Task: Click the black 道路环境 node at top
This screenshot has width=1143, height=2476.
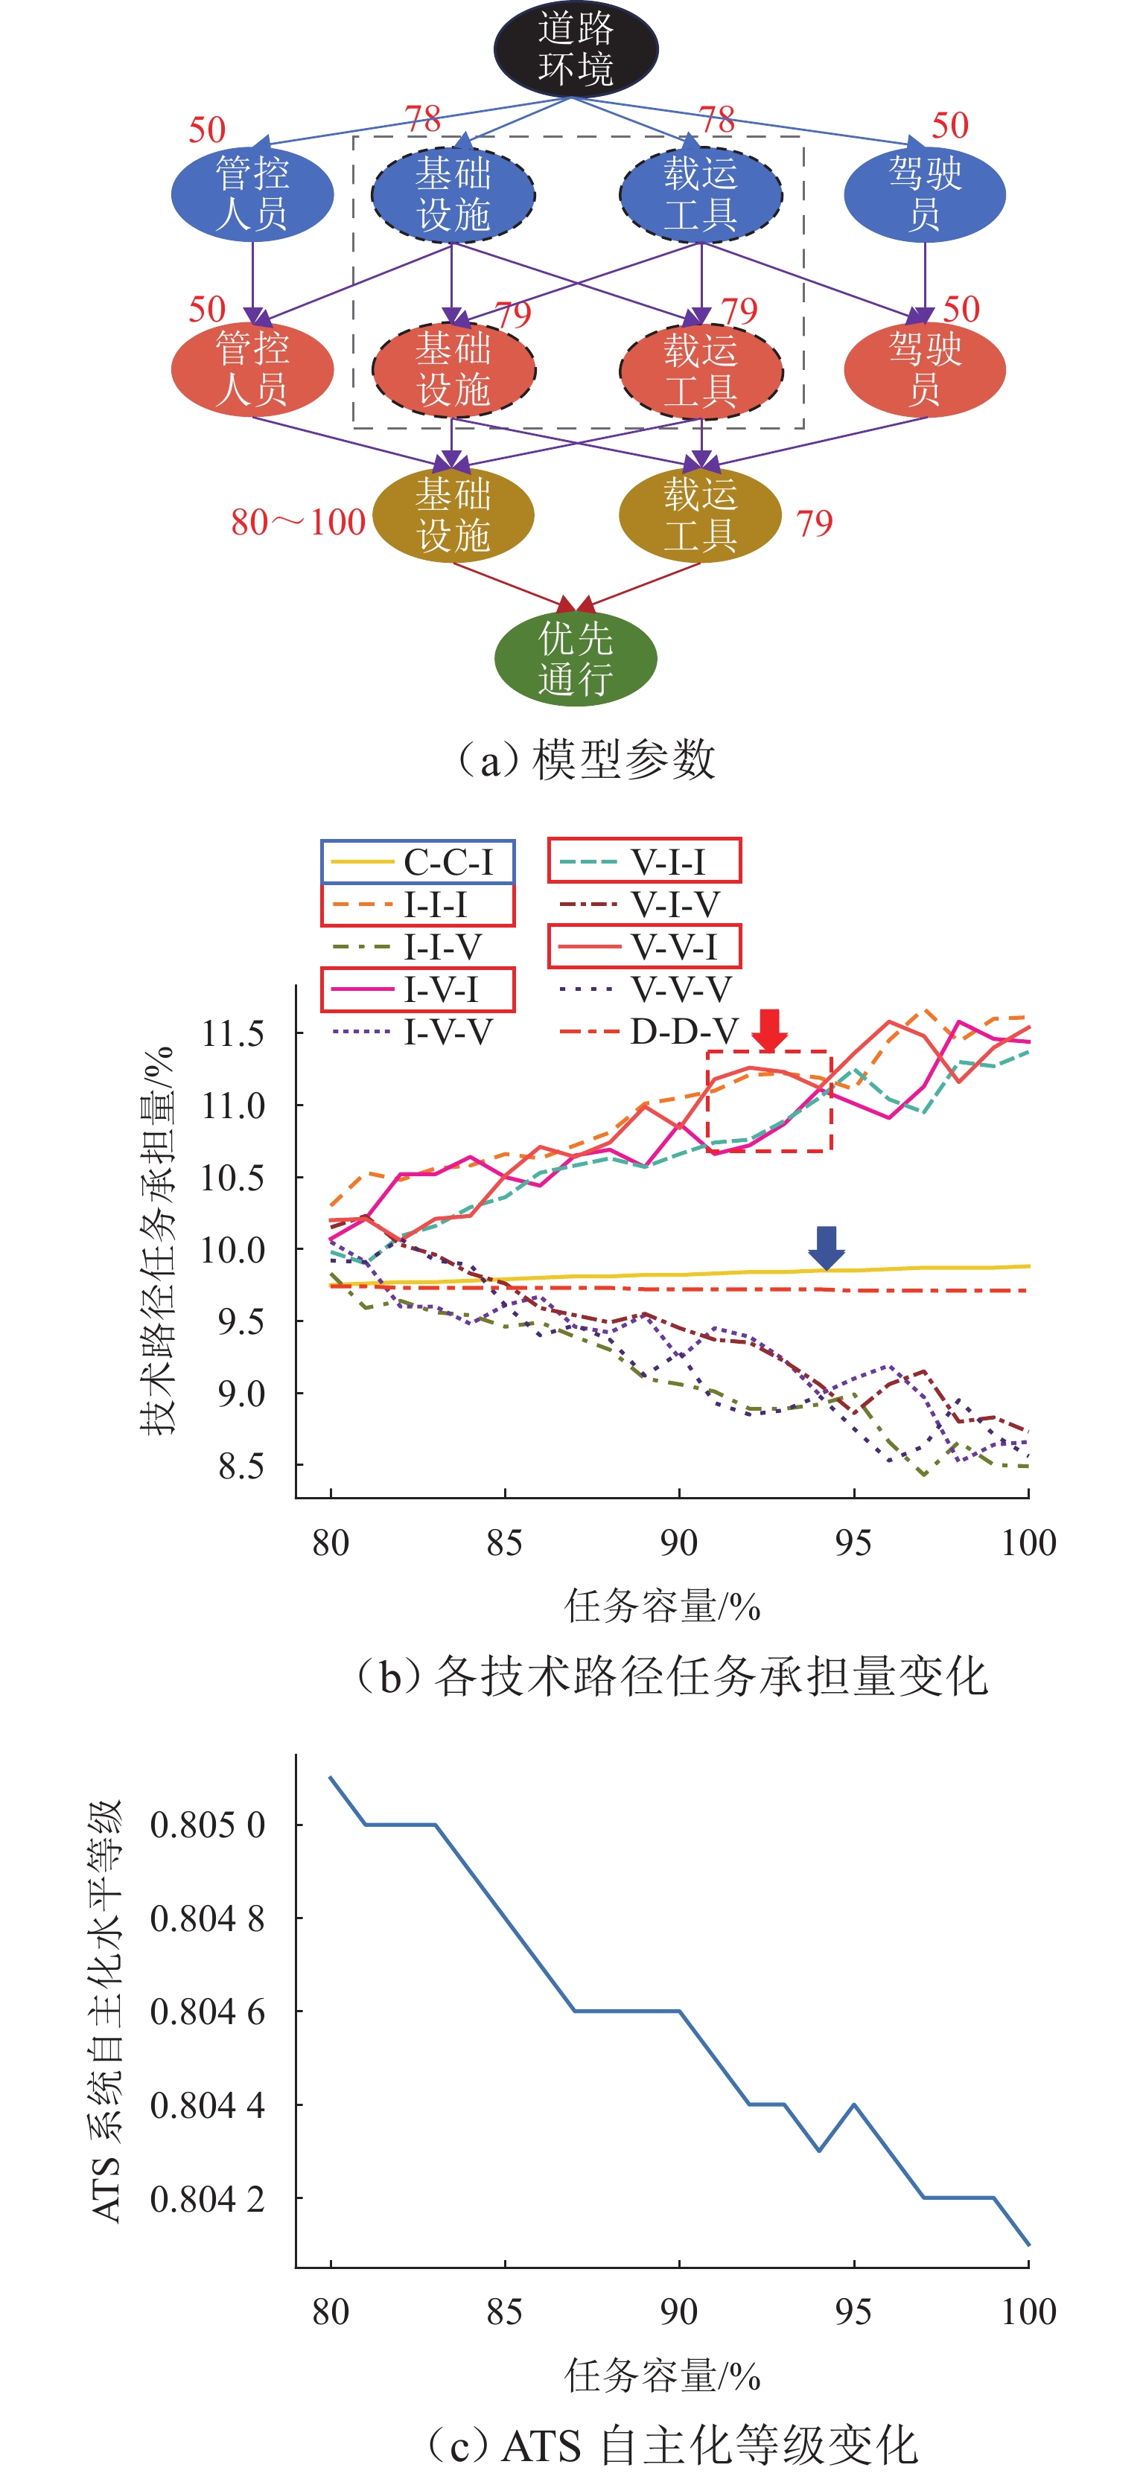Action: click(575, 49)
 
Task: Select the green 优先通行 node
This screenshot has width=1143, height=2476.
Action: click(575, 658)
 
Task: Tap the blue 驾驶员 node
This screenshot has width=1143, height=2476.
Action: click(924, 194)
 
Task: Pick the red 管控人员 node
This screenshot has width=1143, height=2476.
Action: click(252, 369)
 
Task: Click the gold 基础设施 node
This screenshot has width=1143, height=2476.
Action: click(453, 515)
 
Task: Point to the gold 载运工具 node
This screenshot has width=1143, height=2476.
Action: click(700, 515)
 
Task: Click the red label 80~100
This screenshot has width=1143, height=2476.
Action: click(298, 523)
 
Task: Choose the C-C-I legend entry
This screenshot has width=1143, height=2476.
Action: click(417, 862)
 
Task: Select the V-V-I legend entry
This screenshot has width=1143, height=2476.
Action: click(644, 947)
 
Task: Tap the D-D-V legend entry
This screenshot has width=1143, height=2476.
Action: click(649, 1031)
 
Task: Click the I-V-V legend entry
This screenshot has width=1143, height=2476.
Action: click(413, 1031)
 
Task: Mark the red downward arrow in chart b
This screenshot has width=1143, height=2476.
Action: click(769, 1030)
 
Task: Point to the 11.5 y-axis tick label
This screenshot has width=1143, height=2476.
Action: click(232, 1034)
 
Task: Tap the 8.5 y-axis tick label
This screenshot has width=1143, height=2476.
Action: click(241, 1467)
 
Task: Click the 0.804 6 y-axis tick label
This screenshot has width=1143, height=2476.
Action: click(207, 2011)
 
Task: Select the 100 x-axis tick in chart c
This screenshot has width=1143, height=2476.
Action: click(1028, 2311)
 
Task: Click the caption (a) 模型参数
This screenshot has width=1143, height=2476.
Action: click(587, 759)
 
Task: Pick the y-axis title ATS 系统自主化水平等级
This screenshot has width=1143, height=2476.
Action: click(106, 2010)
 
